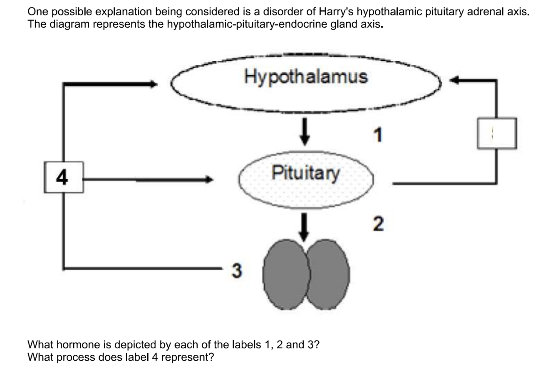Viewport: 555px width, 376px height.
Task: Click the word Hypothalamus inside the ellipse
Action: point(306,77)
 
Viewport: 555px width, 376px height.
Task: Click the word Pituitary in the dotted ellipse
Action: point(305,173)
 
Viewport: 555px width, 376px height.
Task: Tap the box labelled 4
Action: point(63,178)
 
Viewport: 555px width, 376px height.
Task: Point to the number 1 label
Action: point(378,135)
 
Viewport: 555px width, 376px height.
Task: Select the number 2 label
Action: point(377,224)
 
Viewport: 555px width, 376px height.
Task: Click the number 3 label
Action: point(236,271)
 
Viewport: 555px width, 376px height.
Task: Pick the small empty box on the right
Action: point(497,133)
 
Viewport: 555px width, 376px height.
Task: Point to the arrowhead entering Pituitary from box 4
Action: point(209,180)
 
